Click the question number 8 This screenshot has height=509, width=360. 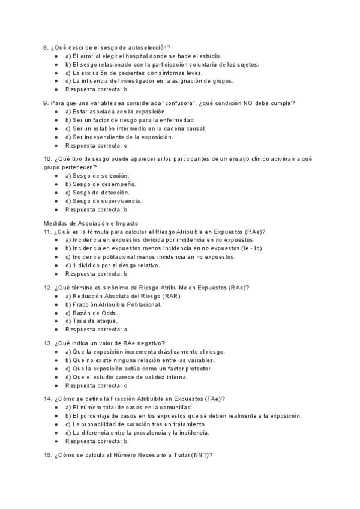coord(46,47)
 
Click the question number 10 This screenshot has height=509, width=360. coord(47,158)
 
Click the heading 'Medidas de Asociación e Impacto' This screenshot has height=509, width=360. coord(86,223)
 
